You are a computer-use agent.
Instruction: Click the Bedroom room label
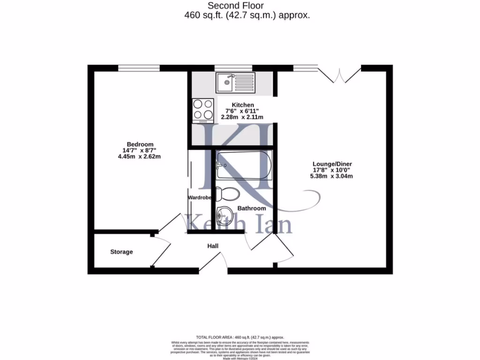coord(140,144)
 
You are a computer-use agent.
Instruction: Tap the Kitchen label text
coord(243,105)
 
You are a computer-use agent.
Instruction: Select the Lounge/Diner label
coord(332,164)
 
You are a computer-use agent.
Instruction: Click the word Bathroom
coord(252,208)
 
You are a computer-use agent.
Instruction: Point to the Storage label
coord(121,252)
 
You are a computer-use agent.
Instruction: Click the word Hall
coord(213,246)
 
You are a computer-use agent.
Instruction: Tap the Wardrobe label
coord(200,198)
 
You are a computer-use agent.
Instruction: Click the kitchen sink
coord(235,83)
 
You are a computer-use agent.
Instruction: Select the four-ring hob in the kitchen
coord(202,110)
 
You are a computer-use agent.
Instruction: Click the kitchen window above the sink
coord(226,68)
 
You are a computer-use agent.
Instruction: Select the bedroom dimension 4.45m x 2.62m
coord(139,157)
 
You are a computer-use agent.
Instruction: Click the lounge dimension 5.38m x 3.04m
coord(332,176)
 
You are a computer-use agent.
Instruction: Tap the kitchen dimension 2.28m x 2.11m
coord(242,117)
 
